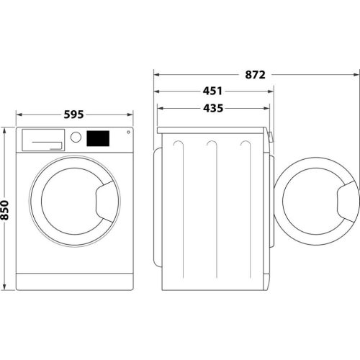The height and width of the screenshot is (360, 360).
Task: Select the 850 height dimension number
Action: coord(6,209)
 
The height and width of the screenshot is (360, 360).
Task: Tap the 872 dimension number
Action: coord(256,75)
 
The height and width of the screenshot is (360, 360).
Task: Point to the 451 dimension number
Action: coord(212,91)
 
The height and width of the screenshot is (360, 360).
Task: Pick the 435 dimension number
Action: coord(212,108)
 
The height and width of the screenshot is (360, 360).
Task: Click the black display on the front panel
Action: coord(99,137)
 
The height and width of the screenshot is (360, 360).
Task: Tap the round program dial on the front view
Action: coord(76,137)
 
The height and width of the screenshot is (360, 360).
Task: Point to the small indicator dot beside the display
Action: coord(128,132)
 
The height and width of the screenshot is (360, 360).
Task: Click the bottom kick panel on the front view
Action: coord(74,282)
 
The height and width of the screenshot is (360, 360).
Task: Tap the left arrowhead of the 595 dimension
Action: coord(18,114)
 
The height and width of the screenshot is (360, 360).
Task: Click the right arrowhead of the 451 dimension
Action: coord(271,91)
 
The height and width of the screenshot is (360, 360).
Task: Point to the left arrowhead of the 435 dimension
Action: coord(160,108)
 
